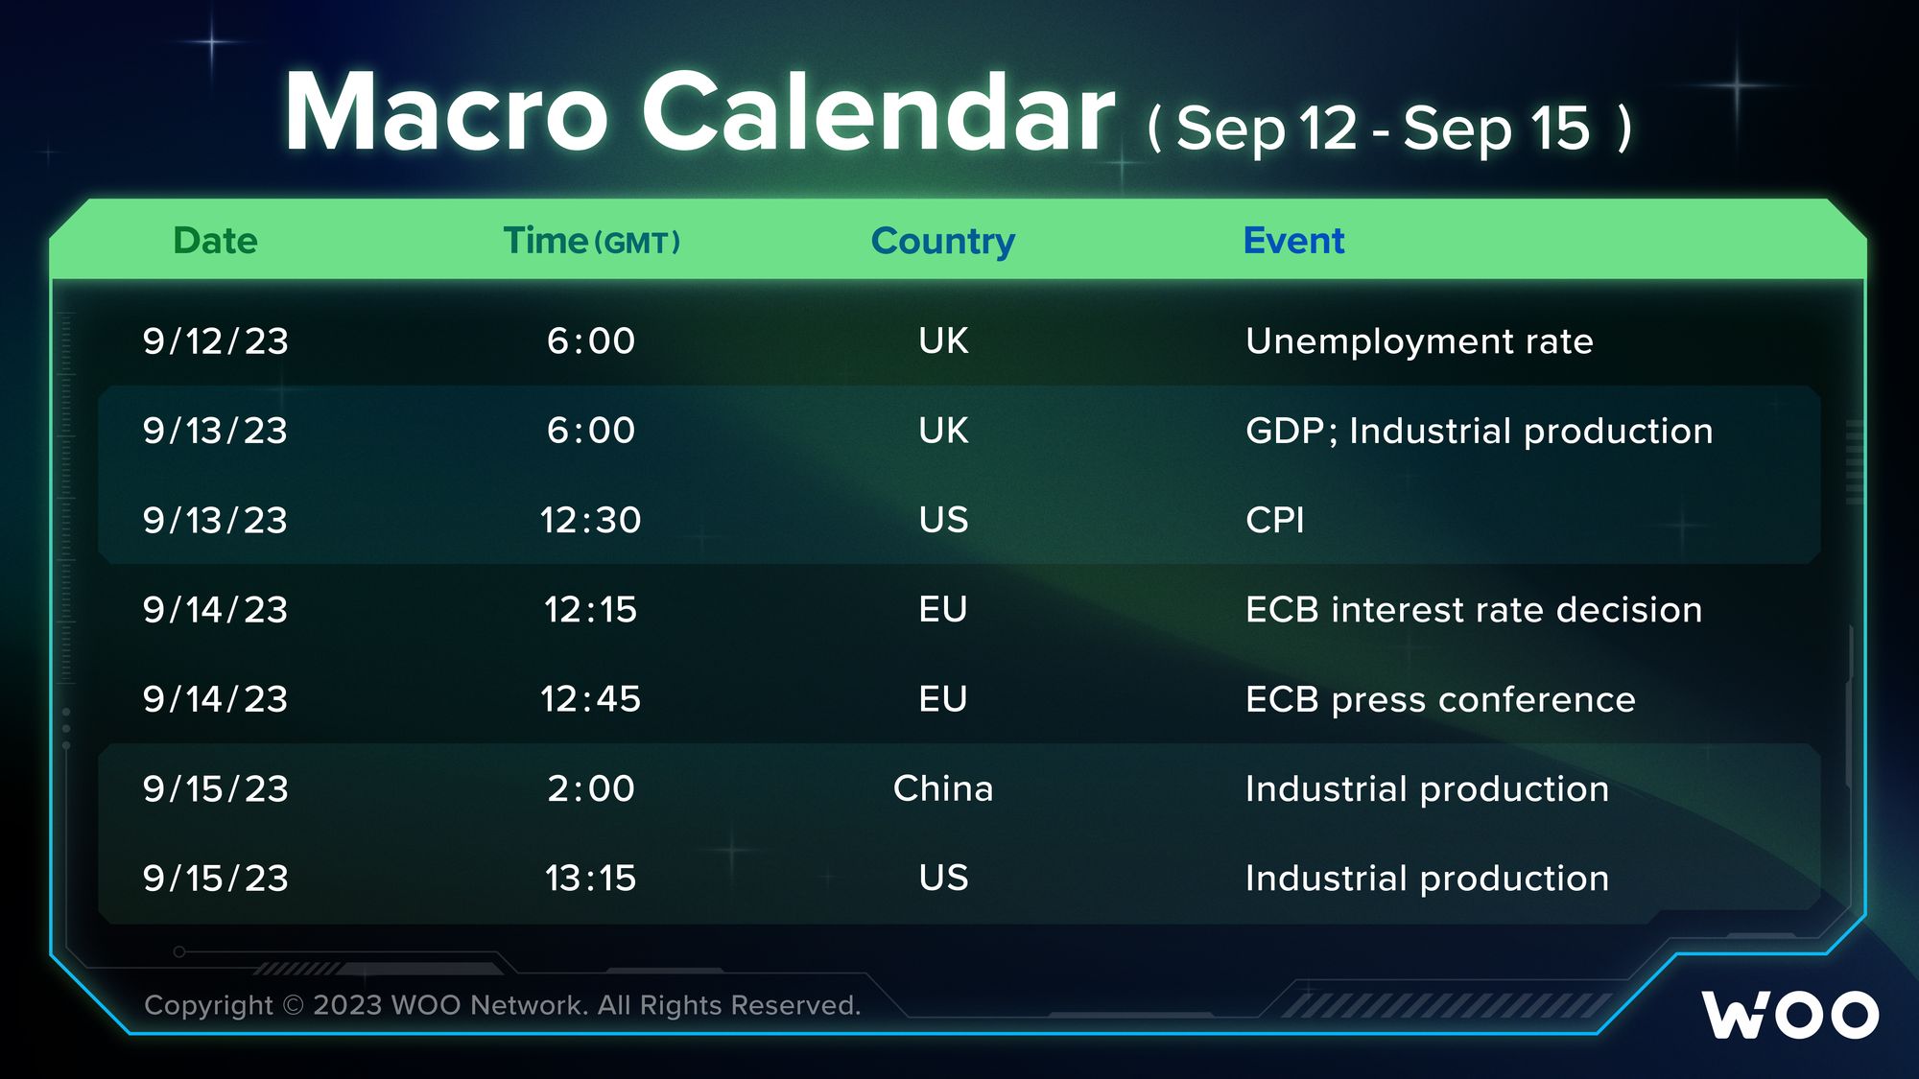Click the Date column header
(215, 241)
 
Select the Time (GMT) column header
(592, 241)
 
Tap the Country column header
(943, 242)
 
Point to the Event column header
(1293, 241)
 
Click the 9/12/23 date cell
(215, 341)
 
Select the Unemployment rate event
(1419, 341)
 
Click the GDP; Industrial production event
(1479, 431)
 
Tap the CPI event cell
(1274, 520)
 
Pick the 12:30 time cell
(590, 520)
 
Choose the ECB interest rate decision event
(1474, 610)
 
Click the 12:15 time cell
(590, 610)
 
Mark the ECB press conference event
(1440, 699)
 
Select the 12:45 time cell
(590, 699)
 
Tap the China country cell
(943, 788)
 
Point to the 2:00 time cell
(591, 788)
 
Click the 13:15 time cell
(590, 878)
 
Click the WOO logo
(1790, 1015)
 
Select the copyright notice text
(502, 1005)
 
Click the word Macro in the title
(446, 112)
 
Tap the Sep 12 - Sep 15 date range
(1389, 128)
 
